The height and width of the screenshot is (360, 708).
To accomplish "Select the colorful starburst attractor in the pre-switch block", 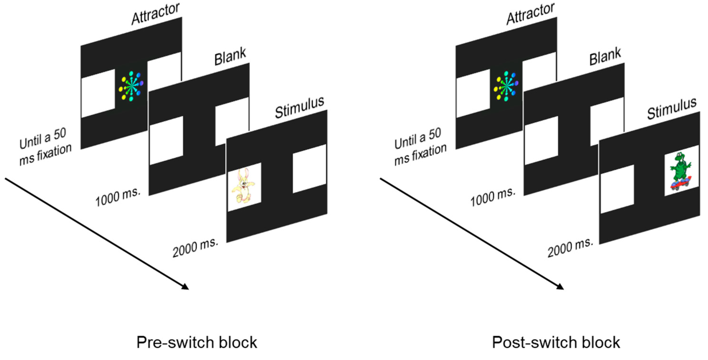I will click(x=131, y=86).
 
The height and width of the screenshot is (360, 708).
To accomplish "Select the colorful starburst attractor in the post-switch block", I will click(x=506, y=86).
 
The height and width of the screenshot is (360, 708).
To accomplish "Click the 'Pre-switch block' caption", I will click(x=197, y=342).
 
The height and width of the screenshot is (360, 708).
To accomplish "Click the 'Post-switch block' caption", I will click(x=556, y=342).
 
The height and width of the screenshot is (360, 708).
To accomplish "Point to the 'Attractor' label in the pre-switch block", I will click(x=156, y=14).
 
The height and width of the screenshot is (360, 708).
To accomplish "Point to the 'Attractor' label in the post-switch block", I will click(x=530, y=14).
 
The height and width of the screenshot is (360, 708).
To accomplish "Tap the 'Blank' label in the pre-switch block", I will click(x=230, y=57).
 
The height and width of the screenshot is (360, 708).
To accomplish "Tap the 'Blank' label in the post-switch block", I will click(x=605, y=57).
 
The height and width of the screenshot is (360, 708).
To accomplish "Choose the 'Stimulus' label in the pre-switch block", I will click(x=300, y=108).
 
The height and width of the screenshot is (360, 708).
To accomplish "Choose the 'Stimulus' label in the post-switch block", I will click(x=672, y=109).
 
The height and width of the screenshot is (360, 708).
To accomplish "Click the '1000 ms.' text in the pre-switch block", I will click(x=118, y=197).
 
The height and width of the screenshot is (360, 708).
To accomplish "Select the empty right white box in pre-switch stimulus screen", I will click(x=309, y=169).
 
